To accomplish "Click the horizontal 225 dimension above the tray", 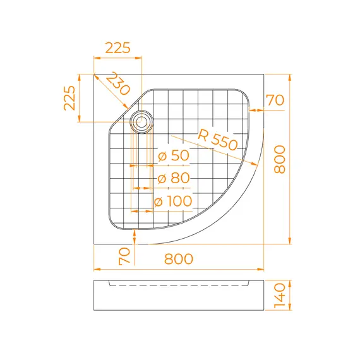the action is tap(117, 48).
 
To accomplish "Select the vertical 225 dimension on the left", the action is tap(69, 98).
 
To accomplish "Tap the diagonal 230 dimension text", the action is tap(118, 83).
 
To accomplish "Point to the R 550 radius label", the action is tap(217, 140).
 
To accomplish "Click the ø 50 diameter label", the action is tap(174, 155).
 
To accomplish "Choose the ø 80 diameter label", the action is tap(174, 178).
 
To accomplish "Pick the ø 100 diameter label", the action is tap(173, 201).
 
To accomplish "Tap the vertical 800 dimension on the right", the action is tap(280, 159).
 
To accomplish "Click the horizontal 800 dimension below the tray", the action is tap(179, 259).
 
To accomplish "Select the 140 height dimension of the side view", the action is tap(280, 296).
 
